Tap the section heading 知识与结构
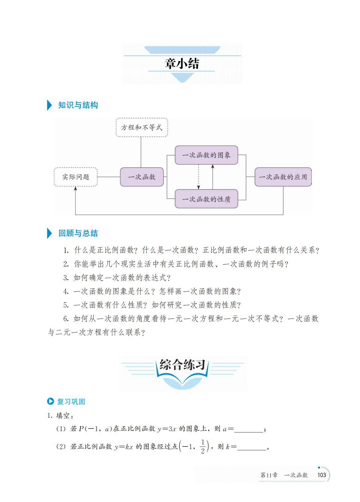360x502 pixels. [78, 105]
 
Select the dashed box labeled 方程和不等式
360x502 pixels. [141, 127]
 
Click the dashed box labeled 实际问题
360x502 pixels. [76, 177]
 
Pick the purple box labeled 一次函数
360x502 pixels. [142, 177]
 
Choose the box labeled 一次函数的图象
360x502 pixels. [206, 155]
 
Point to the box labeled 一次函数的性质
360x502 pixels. [206, 199]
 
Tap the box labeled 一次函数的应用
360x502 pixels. [283, 177]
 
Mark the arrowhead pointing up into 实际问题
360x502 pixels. [76, 189]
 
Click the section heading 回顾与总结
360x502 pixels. [78, 233]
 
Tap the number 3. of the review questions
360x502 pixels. [66, 278]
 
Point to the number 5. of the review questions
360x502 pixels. [66, 305]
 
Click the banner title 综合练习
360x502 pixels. [182, 365]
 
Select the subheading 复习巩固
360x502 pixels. [71, 401]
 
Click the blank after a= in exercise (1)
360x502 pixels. [249, 429]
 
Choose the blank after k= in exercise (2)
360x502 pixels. [252, 447]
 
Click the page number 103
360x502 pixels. [322, 475]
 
